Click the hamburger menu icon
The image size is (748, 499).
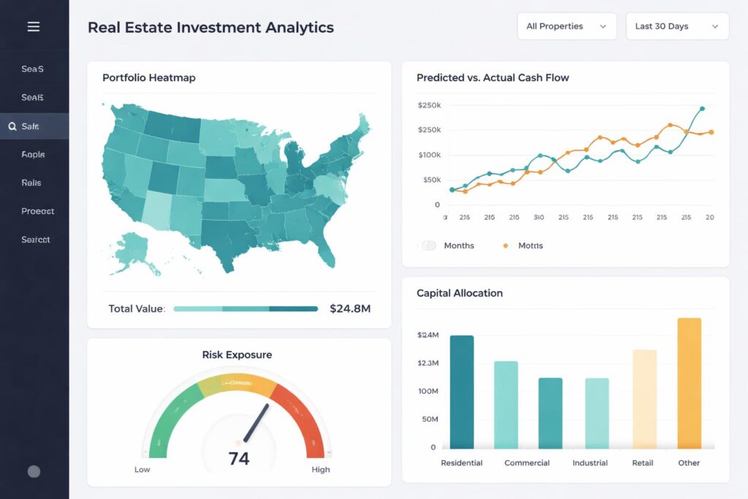(33, 27)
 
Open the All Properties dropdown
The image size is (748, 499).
(566, 26)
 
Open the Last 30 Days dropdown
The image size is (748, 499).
(676, 26)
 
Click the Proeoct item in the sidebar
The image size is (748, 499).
(37, 211)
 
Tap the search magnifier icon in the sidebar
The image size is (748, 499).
(12, 126)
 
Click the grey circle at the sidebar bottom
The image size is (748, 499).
(34, 471)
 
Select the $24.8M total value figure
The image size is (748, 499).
(350, 308)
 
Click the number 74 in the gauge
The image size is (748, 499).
(239, 459)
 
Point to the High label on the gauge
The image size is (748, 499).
(321, 470)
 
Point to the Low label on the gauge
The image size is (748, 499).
(142, 470)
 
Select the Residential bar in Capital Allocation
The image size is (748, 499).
(462, 392)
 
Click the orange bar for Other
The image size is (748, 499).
(689, 384)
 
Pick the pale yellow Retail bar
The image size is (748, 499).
(644, 399)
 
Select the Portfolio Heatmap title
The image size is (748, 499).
(149, 77)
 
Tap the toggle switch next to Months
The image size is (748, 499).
(429, 245)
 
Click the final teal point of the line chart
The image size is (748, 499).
(702, 109)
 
